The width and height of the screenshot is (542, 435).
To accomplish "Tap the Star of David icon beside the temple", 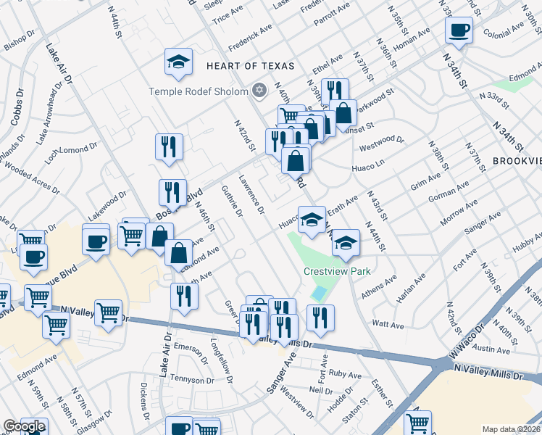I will pos(260,91).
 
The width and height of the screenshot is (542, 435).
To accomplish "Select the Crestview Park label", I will pos(337,271).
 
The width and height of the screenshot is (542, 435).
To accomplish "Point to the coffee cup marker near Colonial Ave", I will pos(459,31).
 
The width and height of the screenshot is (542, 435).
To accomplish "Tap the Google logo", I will pos(24,426).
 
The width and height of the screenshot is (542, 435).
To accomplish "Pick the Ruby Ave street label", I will pos(344,374).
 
